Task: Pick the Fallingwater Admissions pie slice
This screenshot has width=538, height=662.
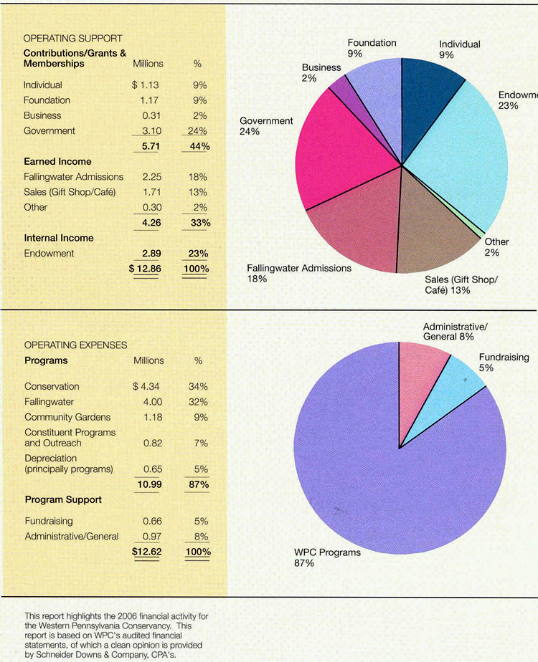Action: tap(351, 222)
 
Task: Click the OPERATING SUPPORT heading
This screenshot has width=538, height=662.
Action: tap(73, 38)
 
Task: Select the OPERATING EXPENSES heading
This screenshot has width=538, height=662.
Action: tap(75, 345)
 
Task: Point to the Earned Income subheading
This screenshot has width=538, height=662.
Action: tap(57, 162)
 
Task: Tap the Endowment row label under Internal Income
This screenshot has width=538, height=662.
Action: tap(49, 254)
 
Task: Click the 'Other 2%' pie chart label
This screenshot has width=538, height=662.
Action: tap(496, 247)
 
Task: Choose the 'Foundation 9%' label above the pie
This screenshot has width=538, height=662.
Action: tap(372, 48)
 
